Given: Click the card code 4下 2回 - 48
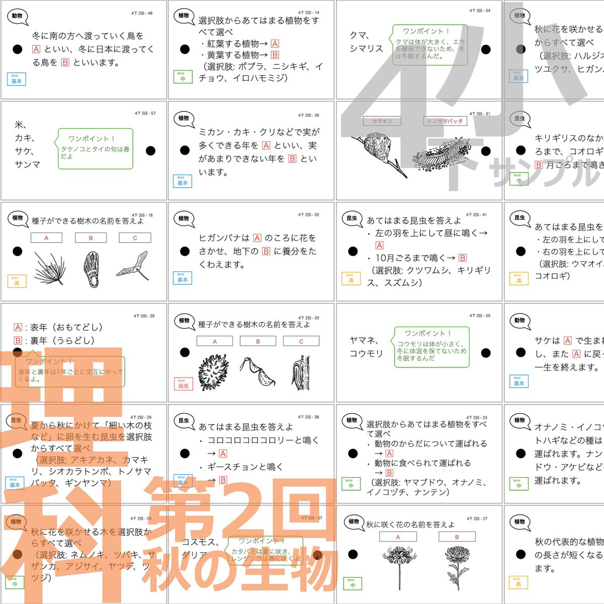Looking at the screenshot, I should [x=143, y=14].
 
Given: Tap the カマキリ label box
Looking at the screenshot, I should [x=382, y=121].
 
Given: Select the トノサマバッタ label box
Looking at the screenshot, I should [x=445, y=121].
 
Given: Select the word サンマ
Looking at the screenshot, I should [x=27, y=164].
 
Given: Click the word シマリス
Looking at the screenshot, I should [x=366, y=49].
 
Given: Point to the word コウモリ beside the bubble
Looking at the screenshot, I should [x=366, y=353].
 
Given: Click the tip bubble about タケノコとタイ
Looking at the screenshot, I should [x=96, y=148].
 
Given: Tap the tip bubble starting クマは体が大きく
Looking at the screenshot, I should [x=430, y=46].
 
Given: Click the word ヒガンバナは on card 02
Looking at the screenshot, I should [x=224, y=238].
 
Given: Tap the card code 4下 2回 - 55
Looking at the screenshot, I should [x=480, y=316].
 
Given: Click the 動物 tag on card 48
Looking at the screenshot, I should [x=17, y=16].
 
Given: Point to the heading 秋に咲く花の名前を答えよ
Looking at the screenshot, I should [x=410, y=524].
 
